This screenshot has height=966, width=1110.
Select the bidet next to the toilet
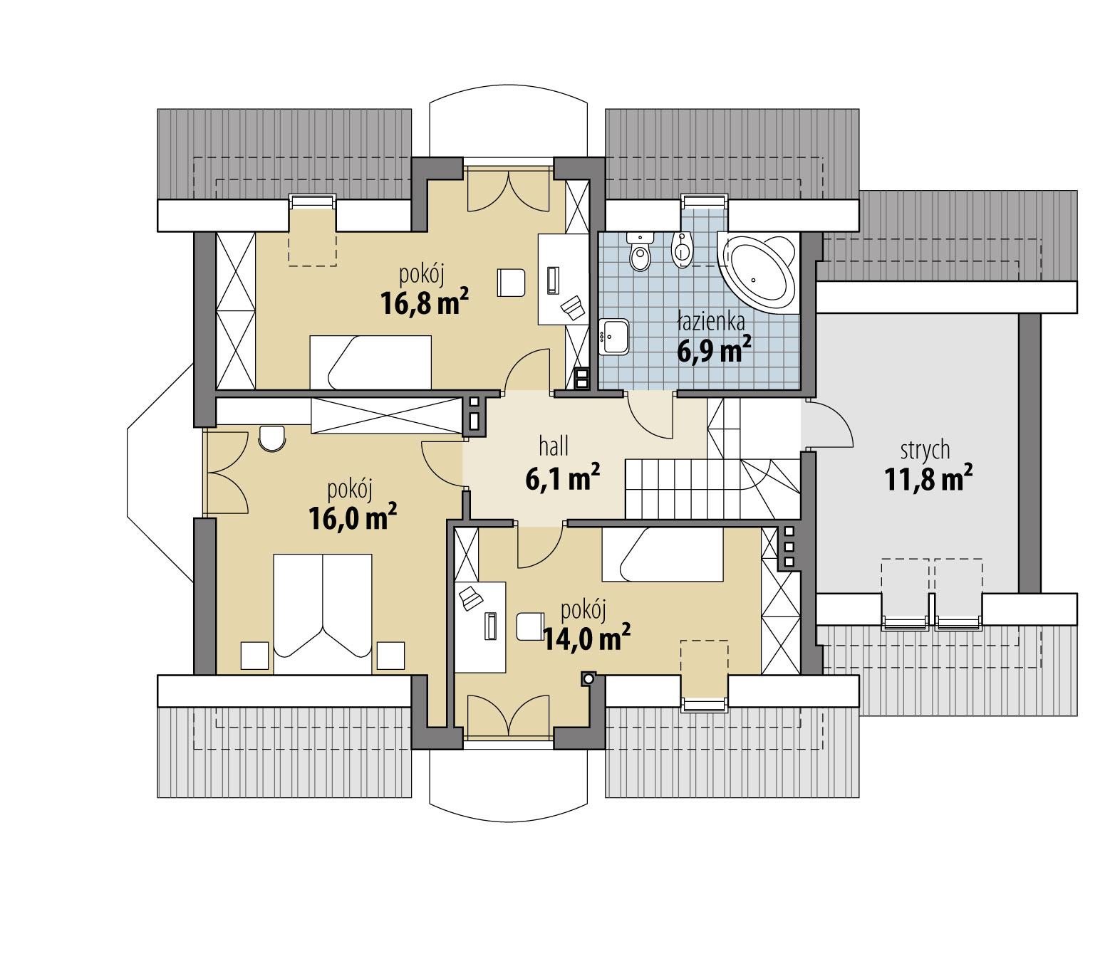[682, 251]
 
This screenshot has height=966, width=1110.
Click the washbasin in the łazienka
[613, 337]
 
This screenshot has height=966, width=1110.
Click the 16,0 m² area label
[353, 518]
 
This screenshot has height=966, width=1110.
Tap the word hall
[554, 447]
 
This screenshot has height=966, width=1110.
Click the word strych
[925, 451]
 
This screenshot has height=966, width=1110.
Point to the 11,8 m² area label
[928, 480]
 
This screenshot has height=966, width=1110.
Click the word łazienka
[710, 322]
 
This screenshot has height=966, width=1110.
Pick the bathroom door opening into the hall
[648, 416]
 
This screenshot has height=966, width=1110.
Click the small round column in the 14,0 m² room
[588, 678]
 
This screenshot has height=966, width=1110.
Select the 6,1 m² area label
[561, 479]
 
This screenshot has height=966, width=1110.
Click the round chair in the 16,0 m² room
[271, 438]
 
